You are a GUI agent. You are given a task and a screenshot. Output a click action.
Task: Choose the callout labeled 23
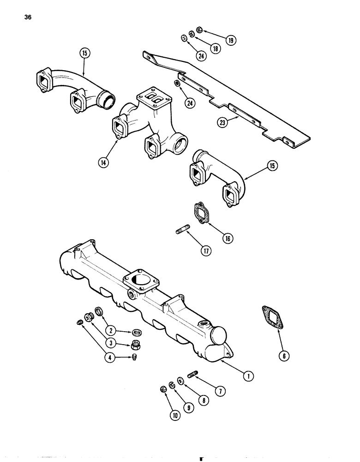coord(224,122)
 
